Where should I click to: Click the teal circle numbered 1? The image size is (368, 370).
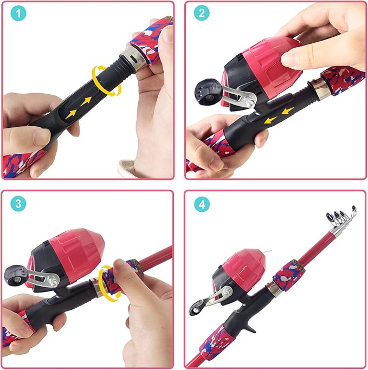coord(18,14)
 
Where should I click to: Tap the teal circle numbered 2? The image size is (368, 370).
coord(202,13)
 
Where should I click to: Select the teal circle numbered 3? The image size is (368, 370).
coord(18,204)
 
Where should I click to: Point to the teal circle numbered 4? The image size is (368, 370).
coord(202,204)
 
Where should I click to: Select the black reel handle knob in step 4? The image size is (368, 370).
coord(196,308)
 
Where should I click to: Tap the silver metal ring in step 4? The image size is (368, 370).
coord(274,289)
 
